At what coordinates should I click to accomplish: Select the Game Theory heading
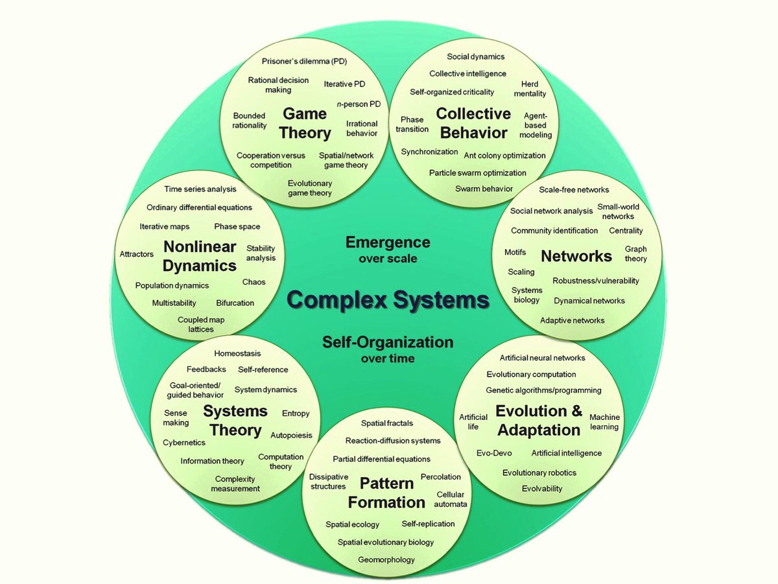point(305,123)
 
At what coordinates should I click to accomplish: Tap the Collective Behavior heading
point(473,123)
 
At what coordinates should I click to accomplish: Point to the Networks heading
point(576,256)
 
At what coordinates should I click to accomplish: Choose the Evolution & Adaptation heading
point(539,420)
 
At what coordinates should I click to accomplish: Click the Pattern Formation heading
point(386,493)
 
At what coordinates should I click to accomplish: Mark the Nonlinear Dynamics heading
point(200,256)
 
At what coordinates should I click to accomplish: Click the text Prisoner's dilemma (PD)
point(304,62)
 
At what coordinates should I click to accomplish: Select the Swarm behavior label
point(484,189)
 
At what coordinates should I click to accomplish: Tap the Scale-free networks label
point(574,190)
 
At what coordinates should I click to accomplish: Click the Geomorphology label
point(386,559)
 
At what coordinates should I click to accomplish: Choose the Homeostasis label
point(237,353)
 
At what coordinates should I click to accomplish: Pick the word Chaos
point(253,282)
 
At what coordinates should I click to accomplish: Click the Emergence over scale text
point(387,249)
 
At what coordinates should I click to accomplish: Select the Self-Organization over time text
point(388,348)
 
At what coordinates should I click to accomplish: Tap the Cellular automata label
point(451,499)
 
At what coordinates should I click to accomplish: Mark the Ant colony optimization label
point(504,156)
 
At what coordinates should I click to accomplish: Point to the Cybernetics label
point(184,443)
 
